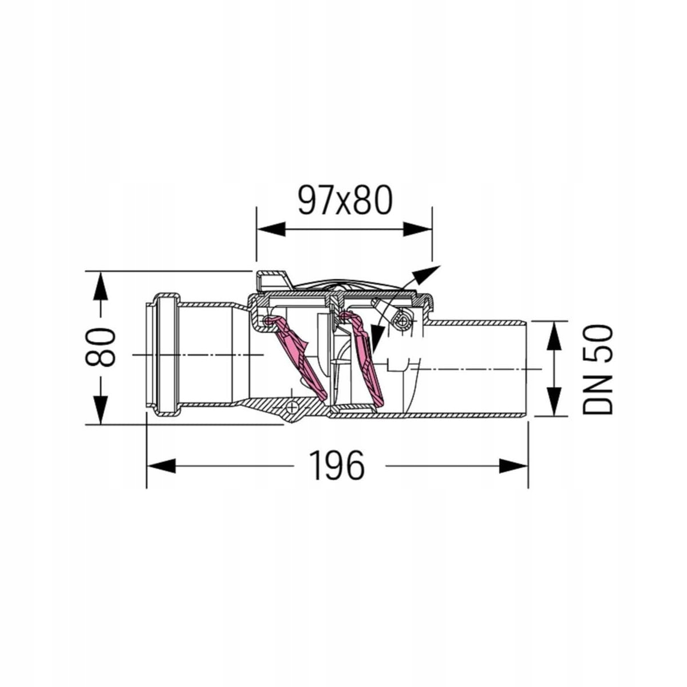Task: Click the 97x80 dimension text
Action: click(345, 201)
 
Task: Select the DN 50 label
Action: click(597, 369)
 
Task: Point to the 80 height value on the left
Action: click(101, 348)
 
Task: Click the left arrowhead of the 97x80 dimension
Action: click(271, 229)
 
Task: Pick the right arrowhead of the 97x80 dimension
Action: click(417, 229)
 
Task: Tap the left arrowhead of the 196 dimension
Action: click(161, 466)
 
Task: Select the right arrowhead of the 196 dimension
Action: click(514, 466)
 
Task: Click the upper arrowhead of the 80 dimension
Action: click(101, 286)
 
